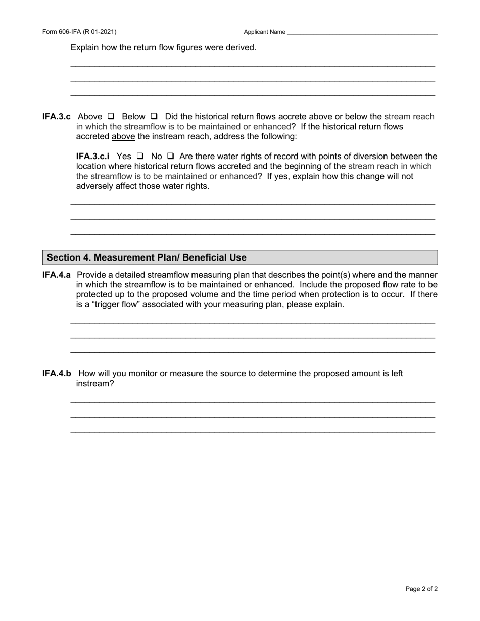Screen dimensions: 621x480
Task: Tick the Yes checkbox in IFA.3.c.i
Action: [140, 157]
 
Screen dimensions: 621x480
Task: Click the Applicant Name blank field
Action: [362, 32]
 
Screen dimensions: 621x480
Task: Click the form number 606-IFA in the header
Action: [79, 32]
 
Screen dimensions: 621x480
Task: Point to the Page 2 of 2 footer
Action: [421, 589]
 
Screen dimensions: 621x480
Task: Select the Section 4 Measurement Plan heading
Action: [147, 257]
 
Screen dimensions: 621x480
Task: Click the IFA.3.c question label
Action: [57, 117]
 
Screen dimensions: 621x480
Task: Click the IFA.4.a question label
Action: [57, 275]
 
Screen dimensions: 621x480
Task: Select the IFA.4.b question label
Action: [57, 374]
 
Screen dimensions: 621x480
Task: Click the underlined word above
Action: [123, 137]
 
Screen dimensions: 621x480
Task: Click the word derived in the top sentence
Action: [241, 48]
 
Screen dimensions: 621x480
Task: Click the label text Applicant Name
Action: [264, 32]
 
